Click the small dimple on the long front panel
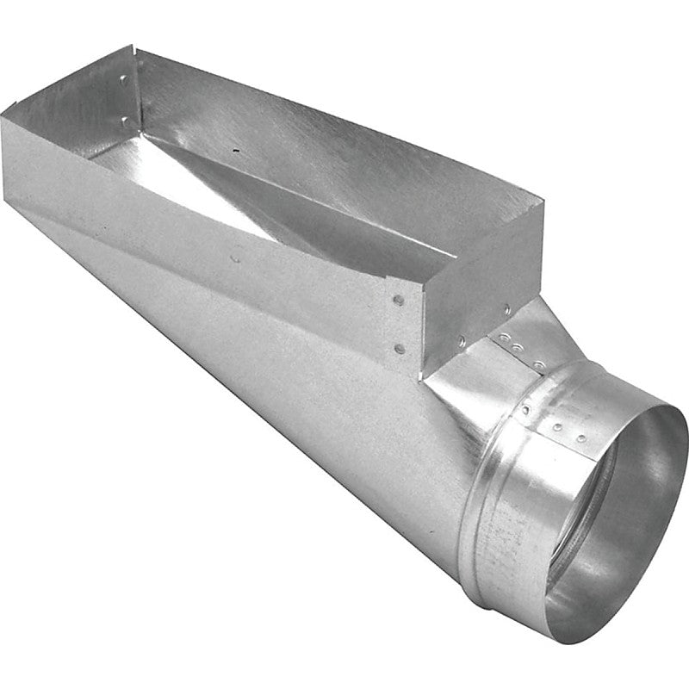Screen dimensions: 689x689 click(235, 256)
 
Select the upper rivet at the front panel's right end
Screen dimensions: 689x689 click(398, 301)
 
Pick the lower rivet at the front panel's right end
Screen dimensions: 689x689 click(398, 348)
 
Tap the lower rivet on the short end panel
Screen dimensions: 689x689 click(462, 341)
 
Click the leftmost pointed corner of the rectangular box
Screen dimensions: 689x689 click(3, 113)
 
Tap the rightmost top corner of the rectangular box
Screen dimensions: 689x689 click(543, 208)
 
